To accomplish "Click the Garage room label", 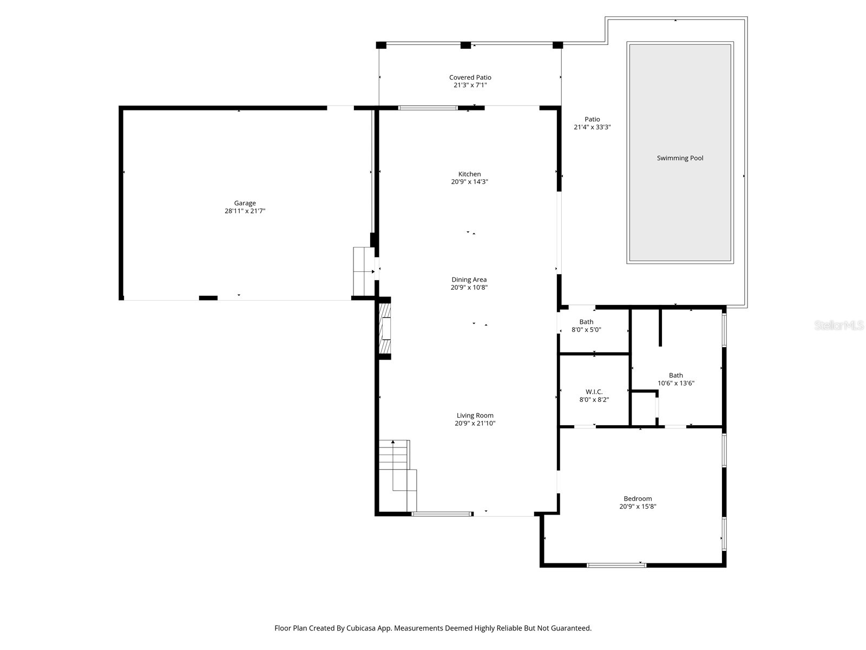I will coord(245,203).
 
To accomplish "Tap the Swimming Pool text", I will coord(680,158).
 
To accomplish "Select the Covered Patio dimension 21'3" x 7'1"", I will coord(470,86).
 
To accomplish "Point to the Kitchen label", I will coord(469,174).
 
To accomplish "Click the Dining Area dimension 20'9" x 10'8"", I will coord(469,288).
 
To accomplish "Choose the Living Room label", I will coord(475,415).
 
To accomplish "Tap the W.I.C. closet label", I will coord(594,392).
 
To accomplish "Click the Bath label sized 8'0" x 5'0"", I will coord(586,322).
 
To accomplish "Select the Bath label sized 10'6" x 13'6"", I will coord(675,375).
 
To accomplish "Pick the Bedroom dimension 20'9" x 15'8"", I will coord(638,507).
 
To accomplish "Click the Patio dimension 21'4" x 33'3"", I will coord(592,127).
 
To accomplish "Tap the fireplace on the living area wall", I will coord(385,328).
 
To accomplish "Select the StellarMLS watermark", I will coord(839,325).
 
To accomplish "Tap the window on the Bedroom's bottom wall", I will coord(616,565).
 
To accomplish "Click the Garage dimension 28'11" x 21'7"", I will coord(245,211).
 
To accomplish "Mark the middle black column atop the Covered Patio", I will coord(465,45).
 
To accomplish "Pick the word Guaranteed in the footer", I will coord(572,628).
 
